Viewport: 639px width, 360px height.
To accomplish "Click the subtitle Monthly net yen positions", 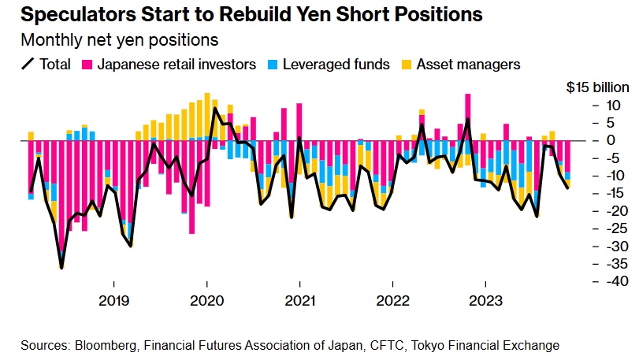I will click(x=120, y=39).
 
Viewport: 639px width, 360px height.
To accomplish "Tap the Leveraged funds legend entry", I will click(x=338, y=64).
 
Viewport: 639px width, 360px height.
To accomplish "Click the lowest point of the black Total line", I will click(x=61, y=269).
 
